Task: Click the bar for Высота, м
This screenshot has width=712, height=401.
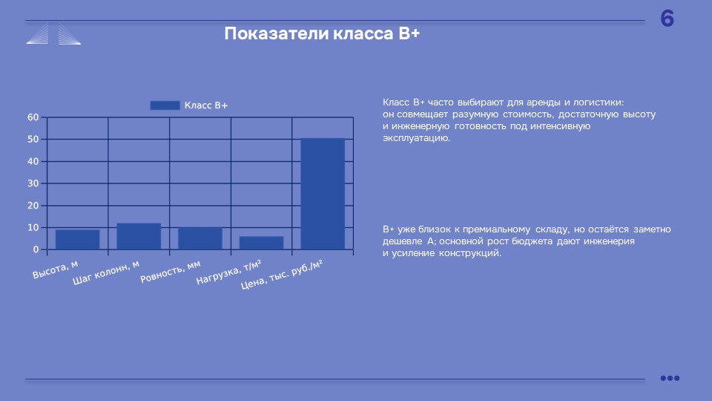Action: (78, 240)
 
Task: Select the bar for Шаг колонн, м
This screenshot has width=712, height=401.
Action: (139, 236)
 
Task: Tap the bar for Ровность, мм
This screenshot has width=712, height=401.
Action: (200, 238)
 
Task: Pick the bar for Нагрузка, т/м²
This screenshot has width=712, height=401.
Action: (262, 243)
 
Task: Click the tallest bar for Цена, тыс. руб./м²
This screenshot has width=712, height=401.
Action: (323, 194)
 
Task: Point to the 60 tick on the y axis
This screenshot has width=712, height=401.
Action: (33, 117)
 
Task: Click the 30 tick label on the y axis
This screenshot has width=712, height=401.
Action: (33, 183)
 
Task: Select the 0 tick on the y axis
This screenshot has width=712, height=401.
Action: (36, 250)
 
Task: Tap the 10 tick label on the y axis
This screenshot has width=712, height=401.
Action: (33, 228)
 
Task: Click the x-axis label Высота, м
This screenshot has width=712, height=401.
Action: (56, 270)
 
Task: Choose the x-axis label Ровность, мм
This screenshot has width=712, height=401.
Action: (171, 272)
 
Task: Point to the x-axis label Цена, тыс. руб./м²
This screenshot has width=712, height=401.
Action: (282, 275)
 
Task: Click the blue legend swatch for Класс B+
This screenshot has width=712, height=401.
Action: (165, 105)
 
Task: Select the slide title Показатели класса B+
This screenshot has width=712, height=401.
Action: (322, 33)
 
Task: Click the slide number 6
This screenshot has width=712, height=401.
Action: (667, 19)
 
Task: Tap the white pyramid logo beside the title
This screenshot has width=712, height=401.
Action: (53, 33)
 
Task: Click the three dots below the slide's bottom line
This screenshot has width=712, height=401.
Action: (670, 378)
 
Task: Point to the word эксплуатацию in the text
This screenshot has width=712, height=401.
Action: (416, 138)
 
